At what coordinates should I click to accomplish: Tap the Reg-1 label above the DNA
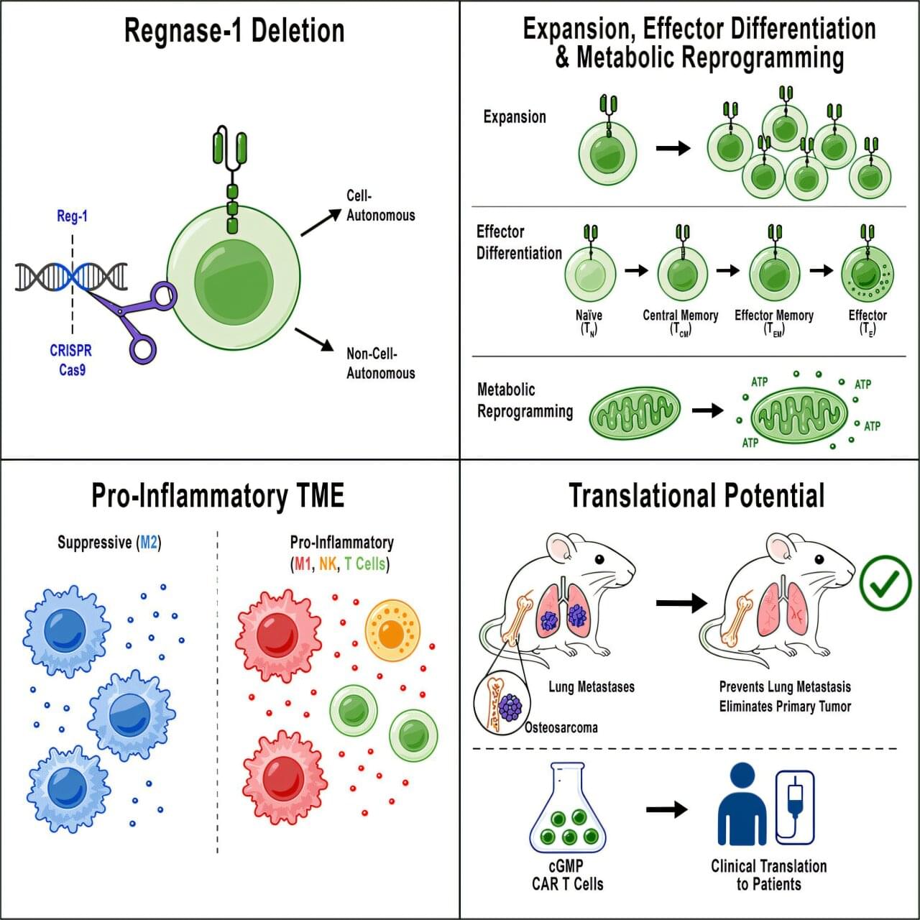[x=72, y=216]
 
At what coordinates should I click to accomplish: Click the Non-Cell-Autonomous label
[x=380, y=363]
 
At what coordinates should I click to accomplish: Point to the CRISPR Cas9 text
[x=71, y=360]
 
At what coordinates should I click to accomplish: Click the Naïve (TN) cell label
[x=589, y=323]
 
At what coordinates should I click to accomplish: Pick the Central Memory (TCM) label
[x=681, y=323]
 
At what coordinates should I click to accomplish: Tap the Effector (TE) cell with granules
[x=868, y=273]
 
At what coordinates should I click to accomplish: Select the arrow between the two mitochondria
[x=707, y=410]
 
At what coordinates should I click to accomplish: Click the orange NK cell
[x=392, y=630]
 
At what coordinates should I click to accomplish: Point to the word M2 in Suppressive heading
[x=149, y=543]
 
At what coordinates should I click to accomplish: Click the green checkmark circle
[x=885, y=583]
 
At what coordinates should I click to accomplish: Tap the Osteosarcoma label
[x=561, y=727]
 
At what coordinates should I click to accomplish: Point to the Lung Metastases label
[x=592, y=687]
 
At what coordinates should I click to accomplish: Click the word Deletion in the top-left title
[x=298, y=31]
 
